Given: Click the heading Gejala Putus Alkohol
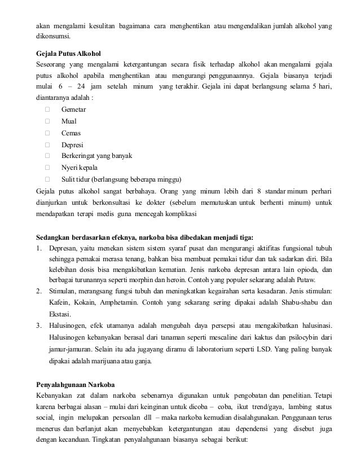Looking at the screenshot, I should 68,54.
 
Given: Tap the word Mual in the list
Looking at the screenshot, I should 69,120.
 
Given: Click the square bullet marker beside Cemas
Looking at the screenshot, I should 47,133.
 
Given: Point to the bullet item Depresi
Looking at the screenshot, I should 72,144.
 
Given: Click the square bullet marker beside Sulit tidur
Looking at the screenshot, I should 47,180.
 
